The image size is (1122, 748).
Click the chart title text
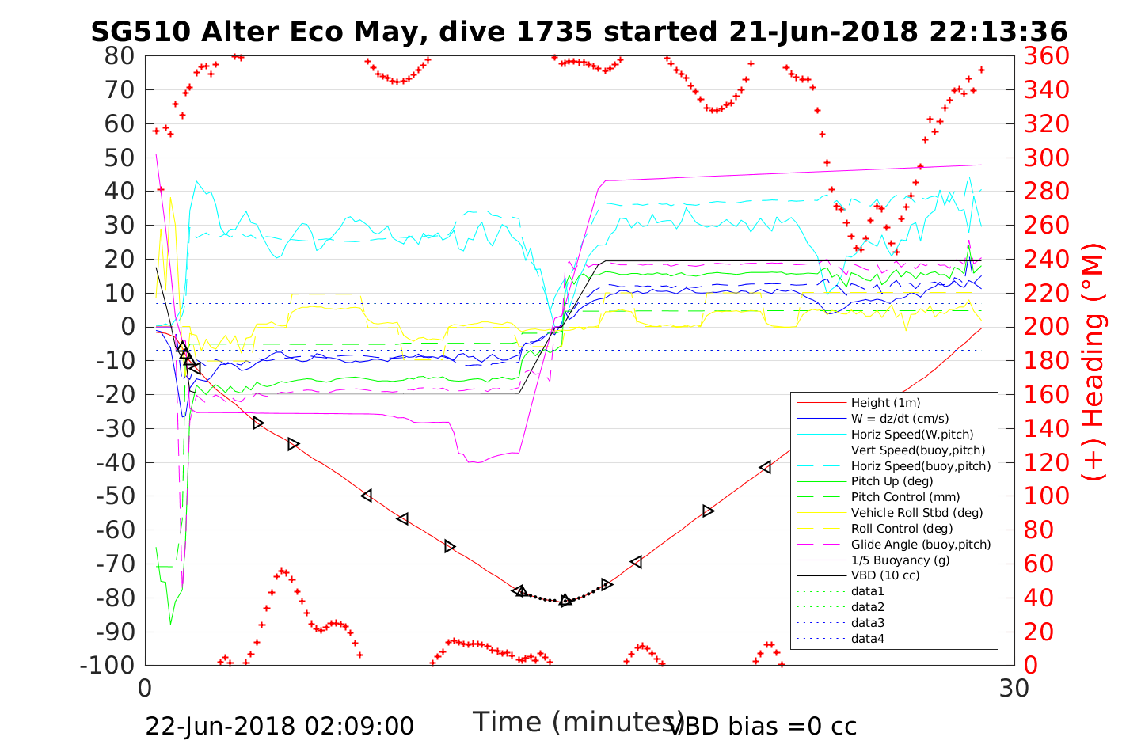click(x=579, y=32)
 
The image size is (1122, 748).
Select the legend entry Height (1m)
click(x=885, y=403)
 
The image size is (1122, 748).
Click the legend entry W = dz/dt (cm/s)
click(x=900, y=419)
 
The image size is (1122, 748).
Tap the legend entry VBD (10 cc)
click(x=884, y=575)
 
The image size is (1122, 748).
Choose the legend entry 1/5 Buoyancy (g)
click(x=900, y=560)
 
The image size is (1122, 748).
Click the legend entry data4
click(x=867, y=638)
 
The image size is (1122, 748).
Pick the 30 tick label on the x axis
click(x=1014, y=689)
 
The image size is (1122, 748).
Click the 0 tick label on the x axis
click(x=146, y=689)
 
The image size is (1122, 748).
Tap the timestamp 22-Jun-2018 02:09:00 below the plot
click(x=280, y=726)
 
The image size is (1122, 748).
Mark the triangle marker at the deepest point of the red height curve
click(x=565, y=601)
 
